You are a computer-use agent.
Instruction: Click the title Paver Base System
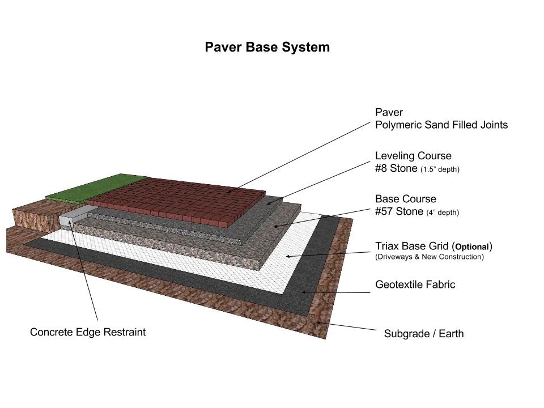click(267, 47)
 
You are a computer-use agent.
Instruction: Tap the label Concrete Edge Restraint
click(88, 332)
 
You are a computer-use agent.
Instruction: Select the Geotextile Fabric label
click(415, 284)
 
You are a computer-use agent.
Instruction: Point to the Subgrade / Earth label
click(424, 334)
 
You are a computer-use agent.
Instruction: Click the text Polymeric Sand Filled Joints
click(441, 125)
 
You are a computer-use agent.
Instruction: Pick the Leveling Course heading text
click(413, 156)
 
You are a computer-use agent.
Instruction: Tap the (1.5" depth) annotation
click(440, 169)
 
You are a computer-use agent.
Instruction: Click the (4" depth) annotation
click(443, 212)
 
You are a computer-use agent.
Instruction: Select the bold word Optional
click(472, 247)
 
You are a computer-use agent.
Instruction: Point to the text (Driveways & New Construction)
click(430, 257)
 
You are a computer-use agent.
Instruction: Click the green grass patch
click(95, 187)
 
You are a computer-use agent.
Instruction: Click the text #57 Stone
click(399, 211)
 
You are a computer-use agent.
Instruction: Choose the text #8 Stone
click(396, 168)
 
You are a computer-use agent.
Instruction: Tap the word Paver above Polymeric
click(389, 112)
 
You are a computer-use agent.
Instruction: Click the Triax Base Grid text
click(413, 246)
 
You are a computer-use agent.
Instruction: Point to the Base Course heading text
click(406, 199)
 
